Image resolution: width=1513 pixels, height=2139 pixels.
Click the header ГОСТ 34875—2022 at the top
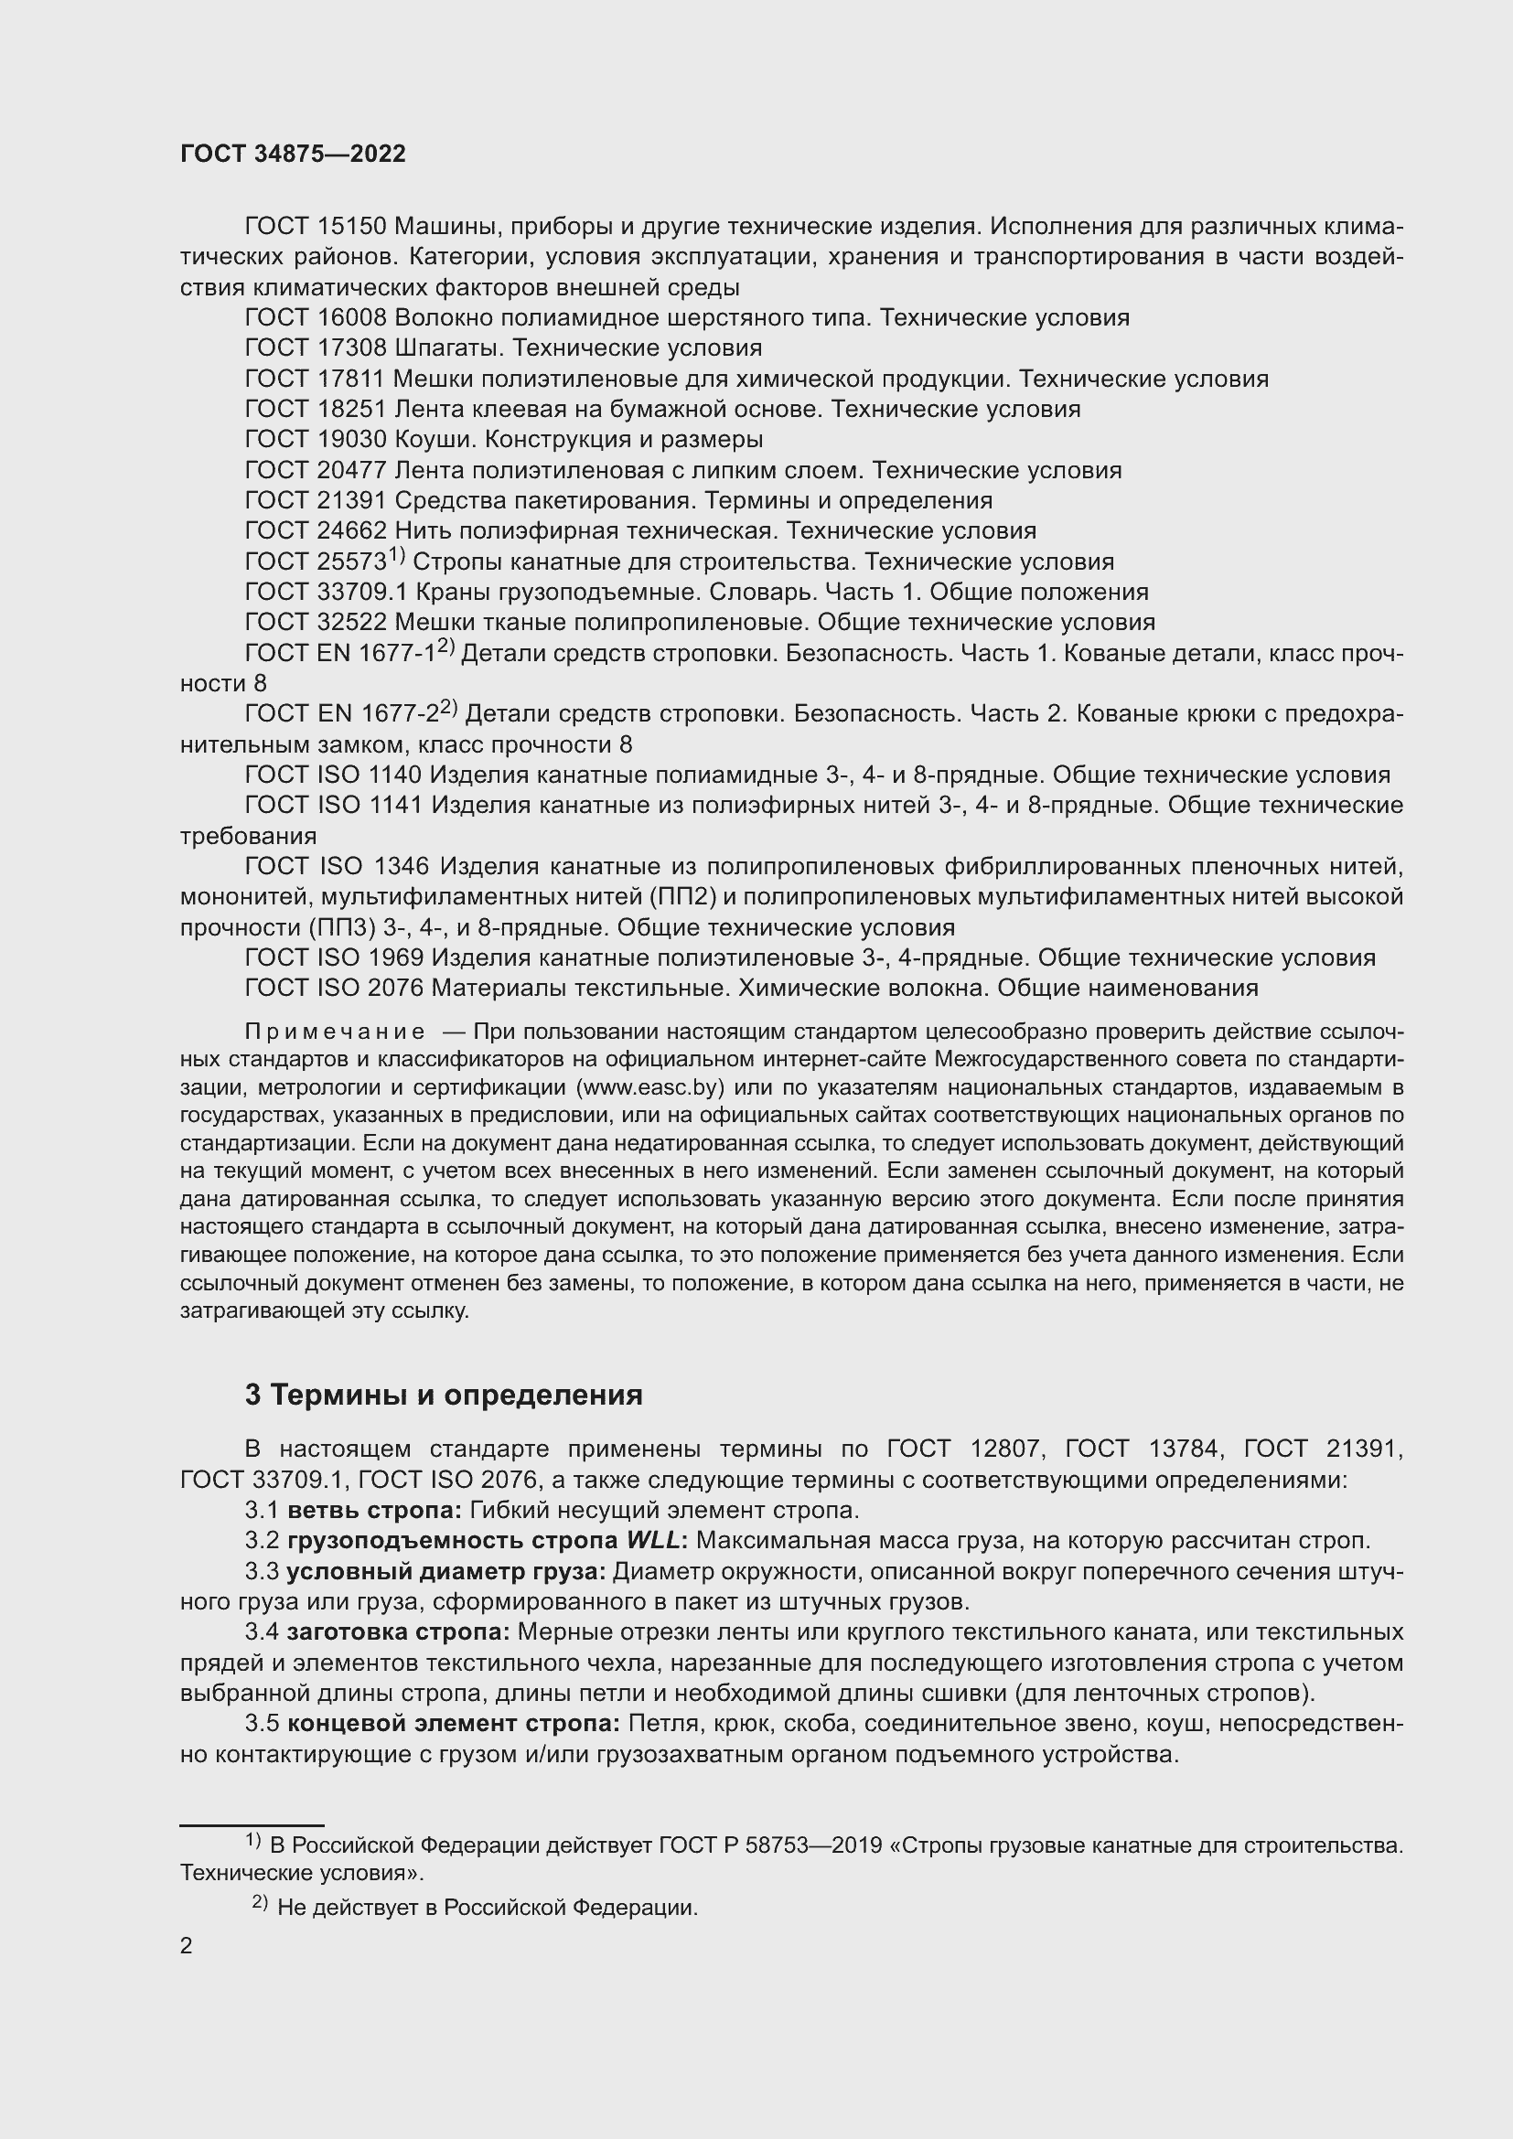(x=293, y=155)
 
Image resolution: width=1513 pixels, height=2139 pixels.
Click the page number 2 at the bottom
(x=187, y=1945)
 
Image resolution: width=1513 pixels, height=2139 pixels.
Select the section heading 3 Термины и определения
(x=444, y=1395)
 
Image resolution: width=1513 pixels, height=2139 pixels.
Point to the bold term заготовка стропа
(x=398, y=1632)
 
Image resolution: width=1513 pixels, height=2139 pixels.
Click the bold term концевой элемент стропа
(x=453, y=1724)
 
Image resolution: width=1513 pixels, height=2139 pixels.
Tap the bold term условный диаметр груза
(x=445, y=1572)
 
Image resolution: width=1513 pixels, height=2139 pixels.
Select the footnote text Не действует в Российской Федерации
(x=488, y=1907)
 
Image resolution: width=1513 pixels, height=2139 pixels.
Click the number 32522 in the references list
(x=352, y=623)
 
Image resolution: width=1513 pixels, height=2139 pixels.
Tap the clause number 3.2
(x=262, y=1541)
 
